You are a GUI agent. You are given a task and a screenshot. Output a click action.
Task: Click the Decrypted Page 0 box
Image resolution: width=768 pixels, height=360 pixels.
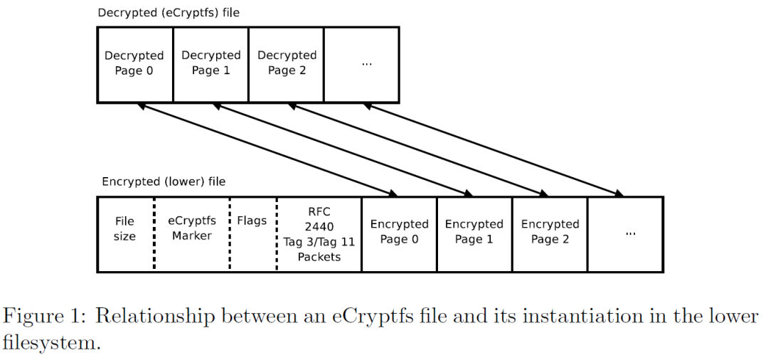click(134, 63)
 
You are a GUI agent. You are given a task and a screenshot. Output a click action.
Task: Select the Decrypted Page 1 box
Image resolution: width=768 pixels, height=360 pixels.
click(210, 63)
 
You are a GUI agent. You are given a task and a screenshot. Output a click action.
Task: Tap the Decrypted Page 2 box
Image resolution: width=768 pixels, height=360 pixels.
click(287, 63)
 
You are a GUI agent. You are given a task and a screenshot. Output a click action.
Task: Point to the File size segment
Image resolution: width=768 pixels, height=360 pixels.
click(124, 229)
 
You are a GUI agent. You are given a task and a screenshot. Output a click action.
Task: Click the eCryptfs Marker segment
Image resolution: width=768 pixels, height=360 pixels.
click(191, 228)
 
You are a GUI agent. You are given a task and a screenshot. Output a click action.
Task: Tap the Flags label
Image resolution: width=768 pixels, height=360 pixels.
click(252, 221)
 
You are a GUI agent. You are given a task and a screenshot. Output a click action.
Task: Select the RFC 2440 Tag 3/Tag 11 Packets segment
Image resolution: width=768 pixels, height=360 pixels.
click(319, 234)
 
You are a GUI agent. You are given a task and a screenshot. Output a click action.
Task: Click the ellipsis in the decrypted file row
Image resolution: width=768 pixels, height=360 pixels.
click(367, 64)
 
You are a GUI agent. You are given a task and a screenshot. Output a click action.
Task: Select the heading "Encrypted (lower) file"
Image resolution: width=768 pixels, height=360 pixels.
click(164, 181)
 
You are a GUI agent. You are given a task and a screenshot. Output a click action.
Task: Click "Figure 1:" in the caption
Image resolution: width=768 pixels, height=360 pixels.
click(49, 316)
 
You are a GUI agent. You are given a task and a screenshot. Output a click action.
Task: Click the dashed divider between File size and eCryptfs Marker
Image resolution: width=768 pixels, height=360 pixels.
click(154, 234)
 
